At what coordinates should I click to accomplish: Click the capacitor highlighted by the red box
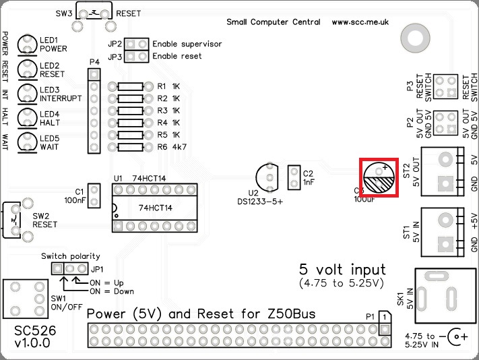(380, 179)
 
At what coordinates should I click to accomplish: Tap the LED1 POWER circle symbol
(27, 44)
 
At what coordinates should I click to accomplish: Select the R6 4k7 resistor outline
(130, 146)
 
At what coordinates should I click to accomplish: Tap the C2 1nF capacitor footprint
(294, 178)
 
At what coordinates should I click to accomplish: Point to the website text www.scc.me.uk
(360, 22)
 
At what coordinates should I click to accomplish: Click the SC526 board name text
(35, 332)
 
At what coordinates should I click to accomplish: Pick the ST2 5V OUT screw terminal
(441, 171)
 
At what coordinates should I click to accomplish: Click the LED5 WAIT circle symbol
(27, 142)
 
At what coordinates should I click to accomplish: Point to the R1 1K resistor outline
(130, 86)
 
